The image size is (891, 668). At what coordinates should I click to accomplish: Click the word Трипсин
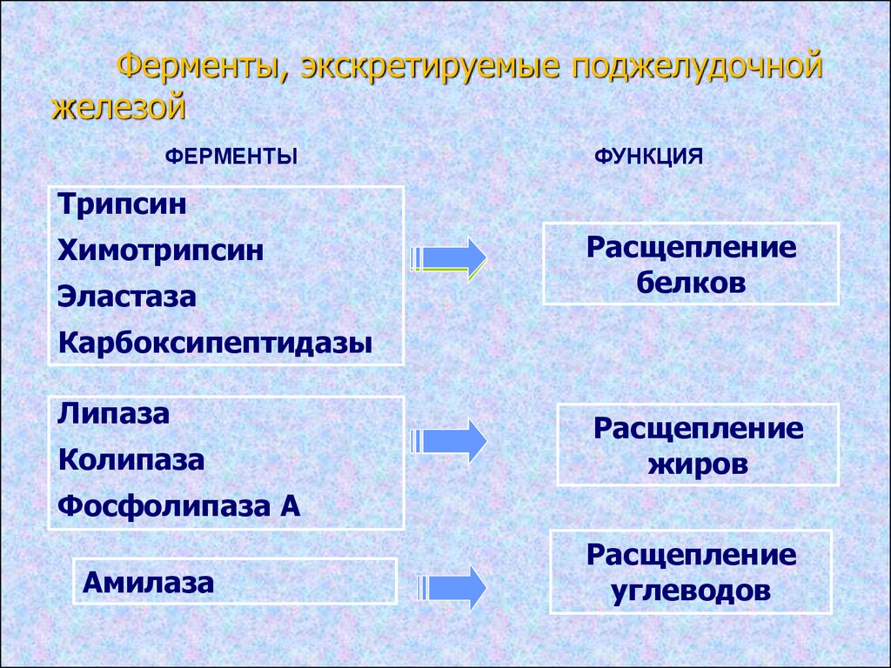pyautogui.click(x=122, y=204)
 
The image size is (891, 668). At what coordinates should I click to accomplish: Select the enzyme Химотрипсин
pyautogui.click(x=160, y=250)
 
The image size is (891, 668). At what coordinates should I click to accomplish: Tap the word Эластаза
pyautogui.click(x=127, y=297)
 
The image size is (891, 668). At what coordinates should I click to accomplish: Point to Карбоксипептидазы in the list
pyautogui.click(x=216, y=343)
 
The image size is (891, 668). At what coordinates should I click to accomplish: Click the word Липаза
pyautogui.click(x=114, y=413)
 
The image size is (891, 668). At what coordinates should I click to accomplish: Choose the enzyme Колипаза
pyautogui.click(x=131, y=459)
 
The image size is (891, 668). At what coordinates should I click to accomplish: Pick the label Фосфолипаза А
pyautogui.click(x=179, y=505)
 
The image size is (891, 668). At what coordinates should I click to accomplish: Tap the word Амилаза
pyautogui.click(x=148, y=583)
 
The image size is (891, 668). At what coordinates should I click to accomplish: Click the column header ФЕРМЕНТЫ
pyautogui.click(x=231, y=157)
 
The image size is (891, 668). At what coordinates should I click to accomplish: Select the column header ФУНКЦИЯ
pyautogui.click(x=648, y=157)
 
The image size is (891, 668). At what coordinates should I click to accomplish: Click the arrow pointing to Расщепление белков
pyautogui.click(x=448, y=258)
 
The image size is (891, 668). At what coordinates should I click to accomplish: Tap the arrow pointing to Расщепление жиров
pyautogui.click(x=448, y=441)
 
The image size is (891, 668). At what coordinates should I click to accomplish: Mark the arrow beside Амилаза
pyautogui.click(x=452, y=588)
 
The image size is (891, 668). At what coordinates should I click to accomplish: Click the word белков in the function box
pyautogui.click(x=691, y=283)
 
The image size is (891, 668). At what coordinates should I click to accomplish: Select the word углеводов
pyautogui.click(x=691, y=591)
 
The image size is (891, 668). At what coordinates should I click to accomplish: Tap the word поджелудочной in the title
pyautogui.click(x=697, y=67)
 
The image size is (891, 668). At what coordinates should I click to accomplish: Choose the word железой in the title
pyautogui.click(x=118, y=107)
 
